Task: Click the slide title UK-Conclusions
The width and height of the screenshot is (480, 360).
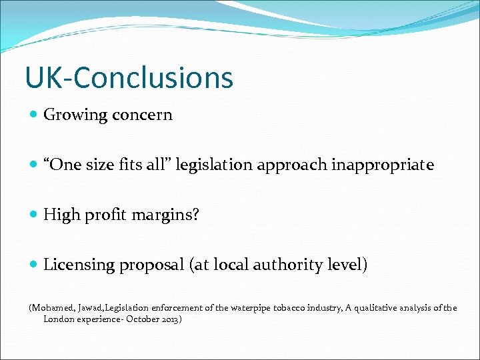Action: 129,77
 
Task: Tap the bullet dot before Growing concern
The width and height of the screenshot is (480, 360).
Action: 34,115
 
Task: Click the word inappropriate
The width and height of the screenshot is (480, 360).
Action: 382,165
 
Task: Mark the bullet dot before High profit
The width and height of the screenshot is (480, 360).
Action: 34,215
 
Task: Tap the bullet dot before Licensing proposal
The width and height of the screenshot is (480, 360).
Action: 34,265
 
